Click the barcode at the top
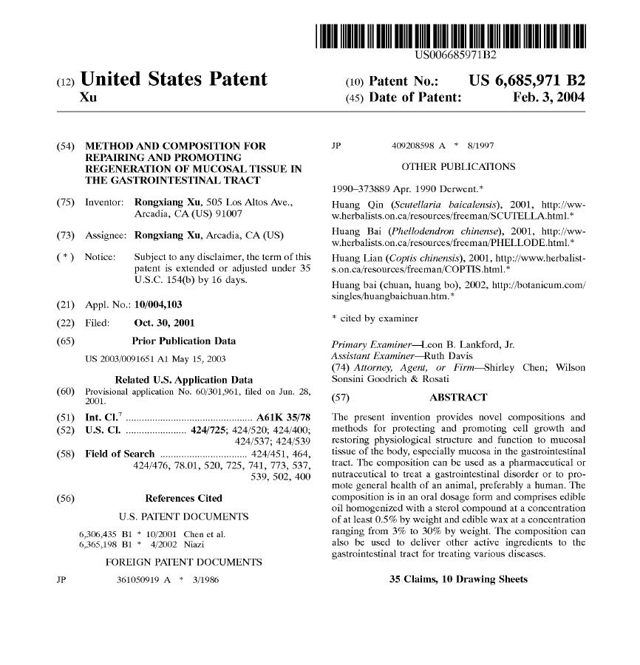click(450, 36)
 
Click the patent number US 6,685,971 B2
click(526, 81)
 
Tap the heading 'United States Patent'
click(174, 79)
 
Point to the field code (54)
click(65, 146)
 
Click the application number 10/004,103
click(158, 304)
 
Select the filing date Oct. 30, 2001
click(164, 323)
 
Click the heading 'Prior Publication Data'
click(183, 341)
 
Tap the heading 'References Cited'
click(183, 498)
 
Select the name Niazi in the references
click(194, 545)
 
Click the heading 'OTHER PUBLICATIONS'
click(458, 166)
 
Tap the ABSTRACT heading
click(458, 398)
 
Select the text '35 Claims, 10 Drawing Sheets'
click(458, 579)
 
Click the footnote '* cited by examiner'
click(375, 318)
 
